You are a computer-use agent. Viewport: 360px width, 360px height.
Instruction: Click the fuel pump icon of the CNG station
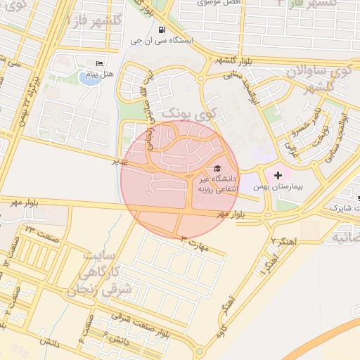pos(163,30)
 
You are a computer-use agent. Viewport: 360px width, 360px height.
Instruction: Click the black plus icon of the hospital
pos(278,174)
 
